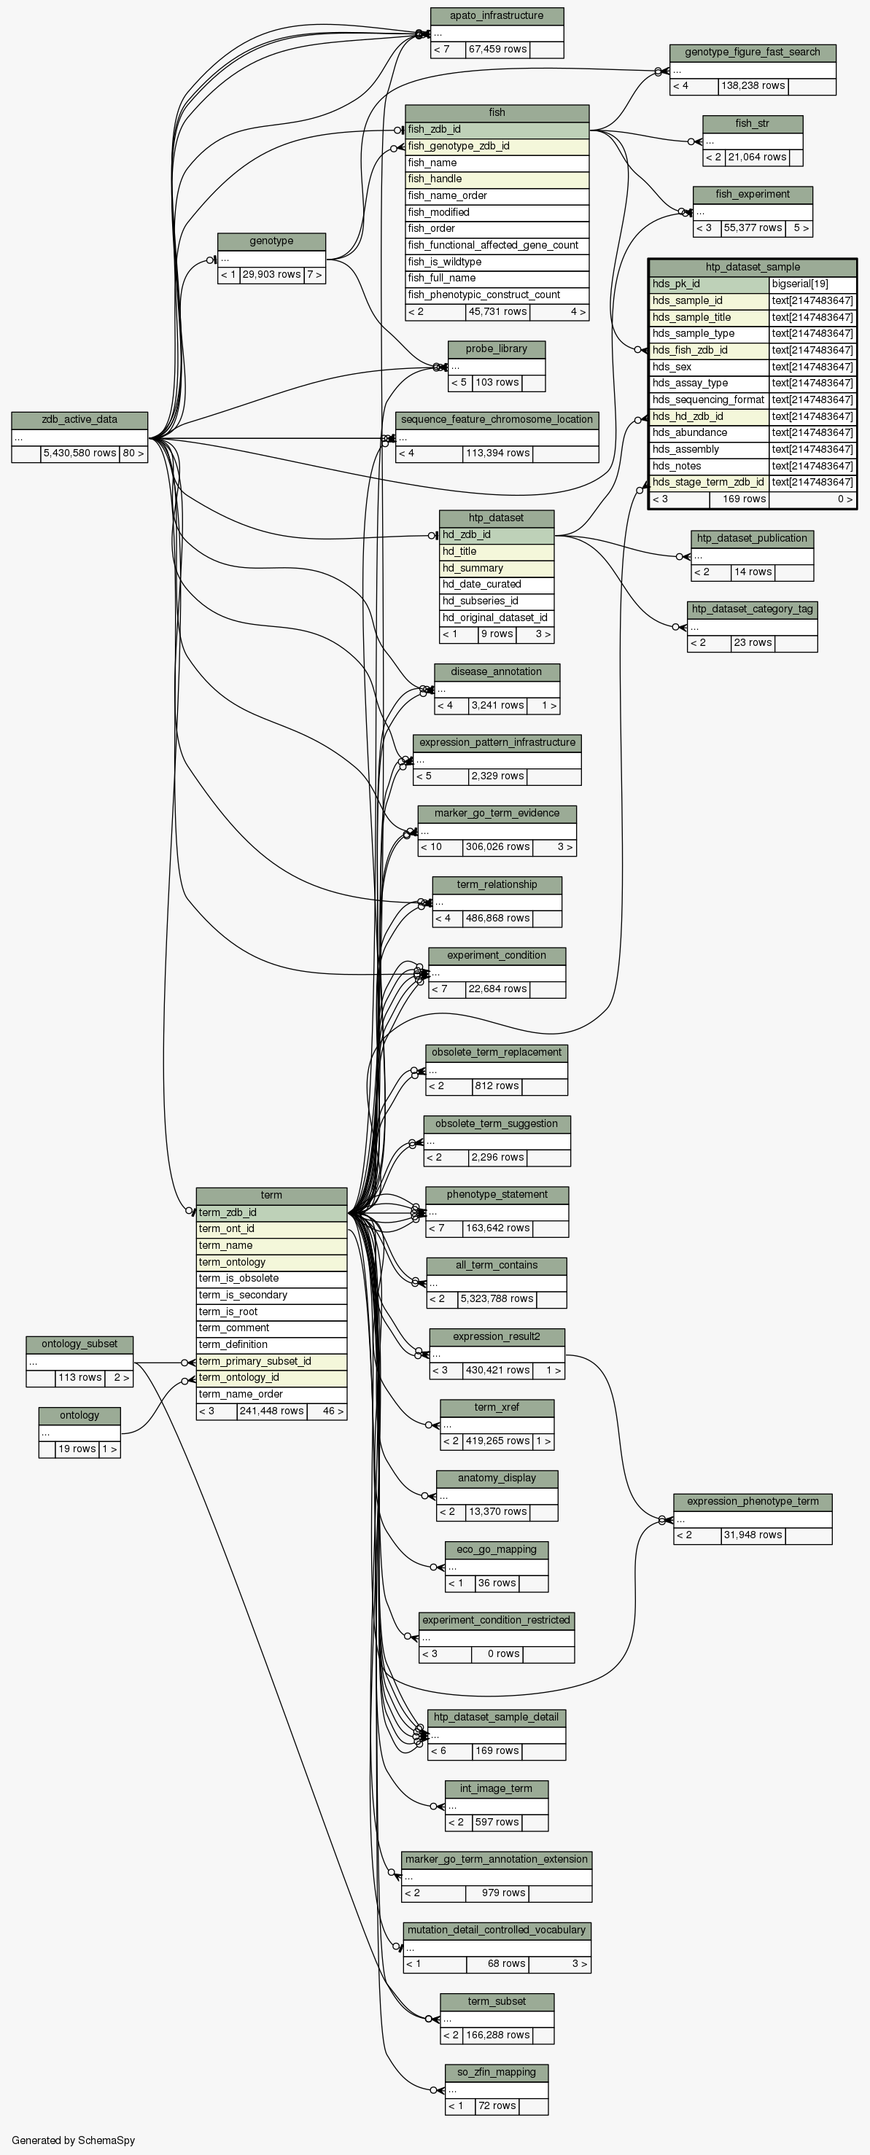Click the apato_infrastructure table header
coord(497,16)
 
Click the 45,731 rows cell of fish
coord(497,312)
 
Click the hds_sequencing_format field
coord(707,400)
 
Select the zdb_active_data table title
coord(79,420)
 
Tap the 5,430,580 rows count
coord(79,453)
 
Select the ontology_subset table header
coord(79,1344)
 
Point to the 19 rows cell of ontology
coord(76,1449)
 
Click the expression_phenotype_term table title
coord(752,1501)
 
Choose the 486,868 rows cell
coord(497,918)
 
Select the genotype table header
coord(271,241)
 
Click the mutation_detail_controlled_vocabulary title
coord(497,1930)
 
